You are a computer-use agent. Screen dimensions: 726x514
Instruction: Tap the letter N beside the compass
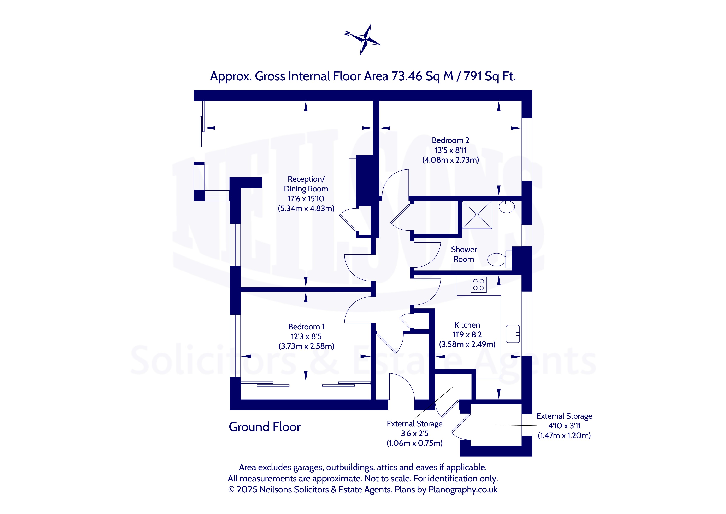(x=347, y=33)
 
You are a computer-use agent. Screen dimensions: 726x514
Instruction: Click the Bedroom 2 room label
(x=451, y=140)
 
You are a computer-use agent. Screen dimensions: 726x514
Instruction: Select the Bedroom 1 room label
(x=306, y=327)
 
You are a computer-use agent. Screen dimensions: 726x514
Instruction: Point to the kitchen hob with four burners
(x=478, y=284)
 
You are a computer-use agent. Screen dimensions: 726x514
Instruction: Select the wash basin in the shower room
(x=507, y=207)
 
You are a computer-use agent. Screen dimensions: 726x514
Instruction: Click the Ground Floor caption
(x=265, y=427)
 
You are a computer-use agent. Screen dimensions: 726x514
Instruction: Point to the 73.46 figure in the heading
(x=407, y=76)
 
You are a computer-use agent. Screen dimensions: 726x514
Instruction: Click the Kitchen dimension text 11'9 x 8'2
(x=467, y=335)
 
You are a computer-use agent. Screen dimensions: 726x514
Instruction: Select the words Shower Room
(x=464, y=254)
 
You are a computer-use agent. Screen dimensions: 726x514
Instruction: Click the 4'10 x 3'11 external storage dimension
(x=564, y=426)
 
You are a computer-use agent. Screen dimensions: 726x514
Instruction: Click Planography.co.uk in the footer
(x=463, y=490)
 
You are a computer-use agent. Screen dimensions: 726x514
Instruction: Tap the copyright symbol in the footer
(x=231, y=490)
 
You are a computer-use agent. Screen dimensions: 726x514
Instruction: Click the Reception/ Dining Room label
(x=306, y=184)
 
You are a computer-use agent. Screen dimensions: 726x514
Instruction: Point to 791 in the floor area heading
(x=473, y=76)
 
